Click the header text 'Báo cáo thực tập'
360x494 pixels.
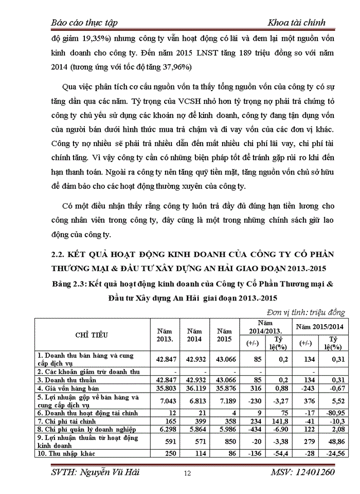pos(85,22)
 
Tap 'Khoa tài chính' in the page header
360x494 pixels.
pos(296,22)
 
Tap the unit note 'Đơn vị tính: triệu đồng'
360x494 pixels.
pos(306,312)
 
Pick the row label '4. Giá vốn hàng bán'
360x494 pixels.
pos(68,388)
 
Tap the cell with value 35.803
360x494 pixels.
pos(164,388)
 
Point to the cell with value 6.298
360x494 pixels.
pos(164,428)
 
